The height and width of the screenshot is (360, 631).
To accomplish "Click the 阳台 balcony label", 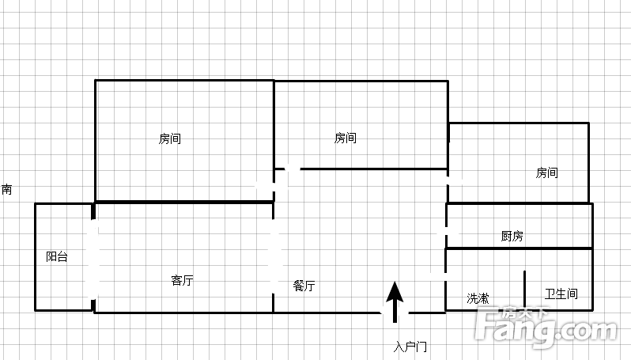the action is tap(57, 256).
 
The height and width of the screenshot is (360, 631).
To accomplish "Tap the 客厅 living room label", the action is tap(183, 280).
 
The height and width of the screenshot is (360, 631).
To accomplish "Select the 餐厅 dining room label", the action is tap(304, 286).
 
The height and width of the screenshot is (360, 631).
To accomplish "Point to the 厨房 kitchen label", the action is tap(512, 236).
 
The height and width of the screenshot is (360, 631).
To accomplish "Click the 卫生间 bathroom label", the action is tap(561, 294).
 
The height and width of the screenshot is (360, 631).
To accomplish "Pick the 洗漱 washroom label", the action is tap(478, 298).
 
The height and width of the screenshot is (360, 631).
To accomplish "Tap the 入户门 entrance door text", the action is tap(410, 347).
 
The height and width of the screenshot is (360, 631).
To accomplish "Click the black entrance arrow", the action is tap(395, 302).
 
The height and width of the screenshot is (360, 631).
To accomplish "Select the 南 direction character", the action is tap(7, 189).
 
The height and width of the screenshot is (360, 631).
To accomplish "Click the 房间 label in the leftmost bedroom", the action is tap(170, 138).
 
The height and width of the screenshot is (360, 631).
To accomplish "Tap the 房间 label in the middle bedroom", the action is tap(346, 138).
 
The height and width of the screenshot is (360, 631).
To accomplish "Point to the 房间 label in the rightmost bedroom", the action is tap(547, 172).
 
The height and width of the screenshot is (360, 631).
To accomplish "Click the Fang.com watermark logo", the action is tap(546, 326).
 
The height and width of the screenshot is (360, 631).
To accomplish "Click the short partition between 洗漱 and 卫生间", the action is tap(524, 290).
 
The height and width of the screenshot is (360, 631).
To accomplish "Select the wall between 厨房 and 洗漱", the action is tap(520, 248).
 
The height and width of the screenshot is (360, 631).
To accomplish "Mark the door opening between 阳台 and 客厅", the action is tap(94, 260).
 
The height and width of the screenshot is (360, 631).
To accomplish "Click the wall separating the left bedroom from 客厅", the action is tap(184, 202).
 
